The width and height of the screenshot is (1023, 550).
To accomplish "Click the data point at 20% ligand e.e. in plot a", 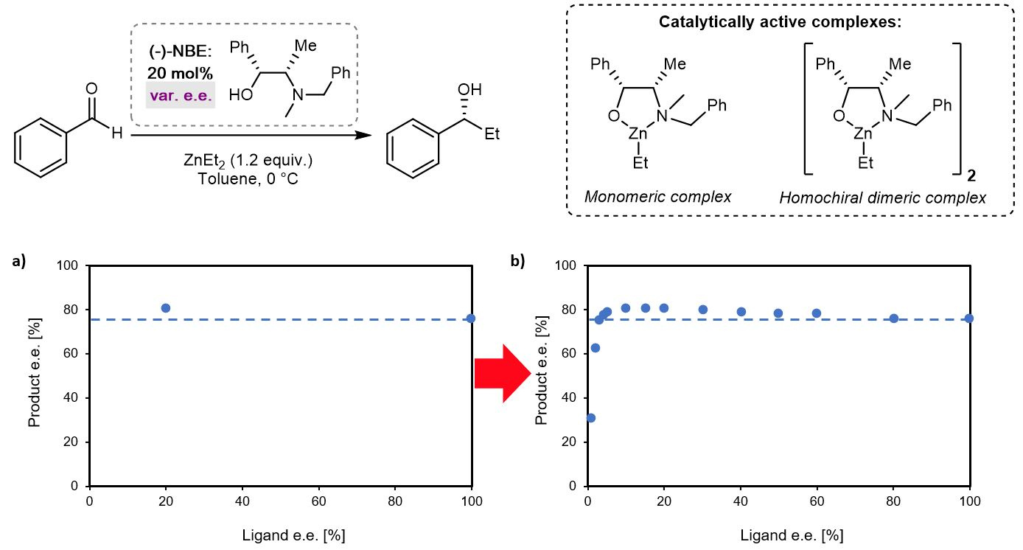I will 166,308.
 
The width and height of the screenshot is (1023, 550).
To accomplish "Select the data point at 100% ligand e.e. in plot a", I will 471,318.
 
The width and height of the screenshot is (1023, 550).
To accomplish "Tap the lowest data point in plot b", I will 590,418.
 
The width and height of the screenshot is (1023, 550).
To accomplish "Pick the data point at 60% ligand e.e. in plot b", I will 817,313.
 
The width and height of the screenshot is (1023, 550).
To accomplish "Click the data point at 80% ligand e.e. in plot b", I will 893,318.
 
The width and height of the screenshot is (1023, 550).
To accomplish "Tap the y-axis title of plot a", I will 35,376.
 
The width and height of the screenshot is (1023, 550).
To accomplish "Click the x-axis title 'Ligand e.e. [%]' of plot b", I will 792,535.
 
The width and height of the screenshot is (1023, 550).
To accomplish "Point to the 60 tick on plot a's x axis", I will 318,501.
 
